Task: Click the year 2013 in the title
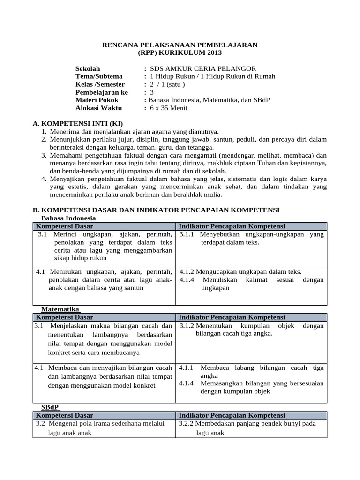[x=212, y=52]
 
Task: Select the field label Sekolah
[x=88, y=68]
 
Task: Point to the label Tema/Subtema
[x=99, y=76]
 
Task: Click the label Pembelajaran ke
[x=101, y=92]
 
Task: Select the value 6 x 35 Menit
[x=168, y=108]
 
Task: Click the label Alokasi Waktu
[x=98, y=108]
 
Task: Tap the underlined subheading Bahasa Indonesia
[x=68, y=218]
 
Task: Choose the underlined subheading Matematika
[x=61, y=309]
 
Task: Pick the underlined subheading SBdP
[x=51, y=407]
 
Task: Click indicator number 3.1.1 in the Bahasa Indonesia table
[x=187, y=234]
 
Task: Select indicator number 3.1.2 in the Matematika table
[x=187, y=325]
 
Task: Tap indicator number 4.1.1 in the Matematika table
[x=187, y=367]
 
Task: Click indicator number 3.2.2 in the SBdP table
[x=187, y=423]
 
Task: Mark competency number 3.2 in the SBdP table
[x=40, y=423]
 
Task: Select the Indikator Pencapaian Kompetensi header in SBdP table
[x=232, y=415]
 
